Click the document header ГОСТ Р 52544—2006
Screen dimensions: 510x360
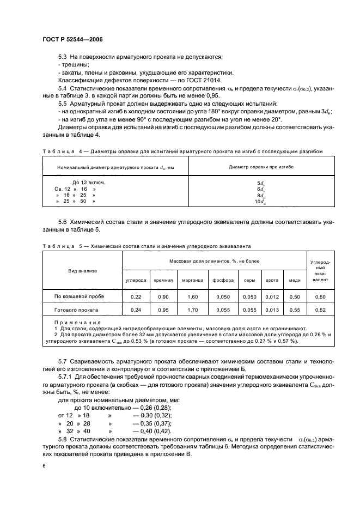click(72, 40)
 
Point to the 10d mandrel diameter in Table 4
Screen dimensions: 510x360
click(261, 202)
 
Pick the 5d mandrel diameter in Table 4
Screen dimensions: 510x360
click(261, 184)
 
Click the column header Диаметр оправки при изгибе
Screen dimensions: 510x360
click(261, 166)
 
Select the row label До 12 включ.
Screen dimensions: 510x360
click(89, 183)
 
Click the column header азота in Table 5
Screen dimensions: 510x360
click(272, 281)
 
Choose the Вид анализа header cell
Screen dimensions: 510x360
click(82, 269)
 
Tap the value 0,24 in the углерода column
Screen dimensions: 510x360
click(136, 310)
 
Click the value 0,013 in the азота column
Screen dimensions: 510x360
click(272, 310)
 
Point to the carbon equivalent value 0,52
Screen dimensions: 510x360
click(321, 310)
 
